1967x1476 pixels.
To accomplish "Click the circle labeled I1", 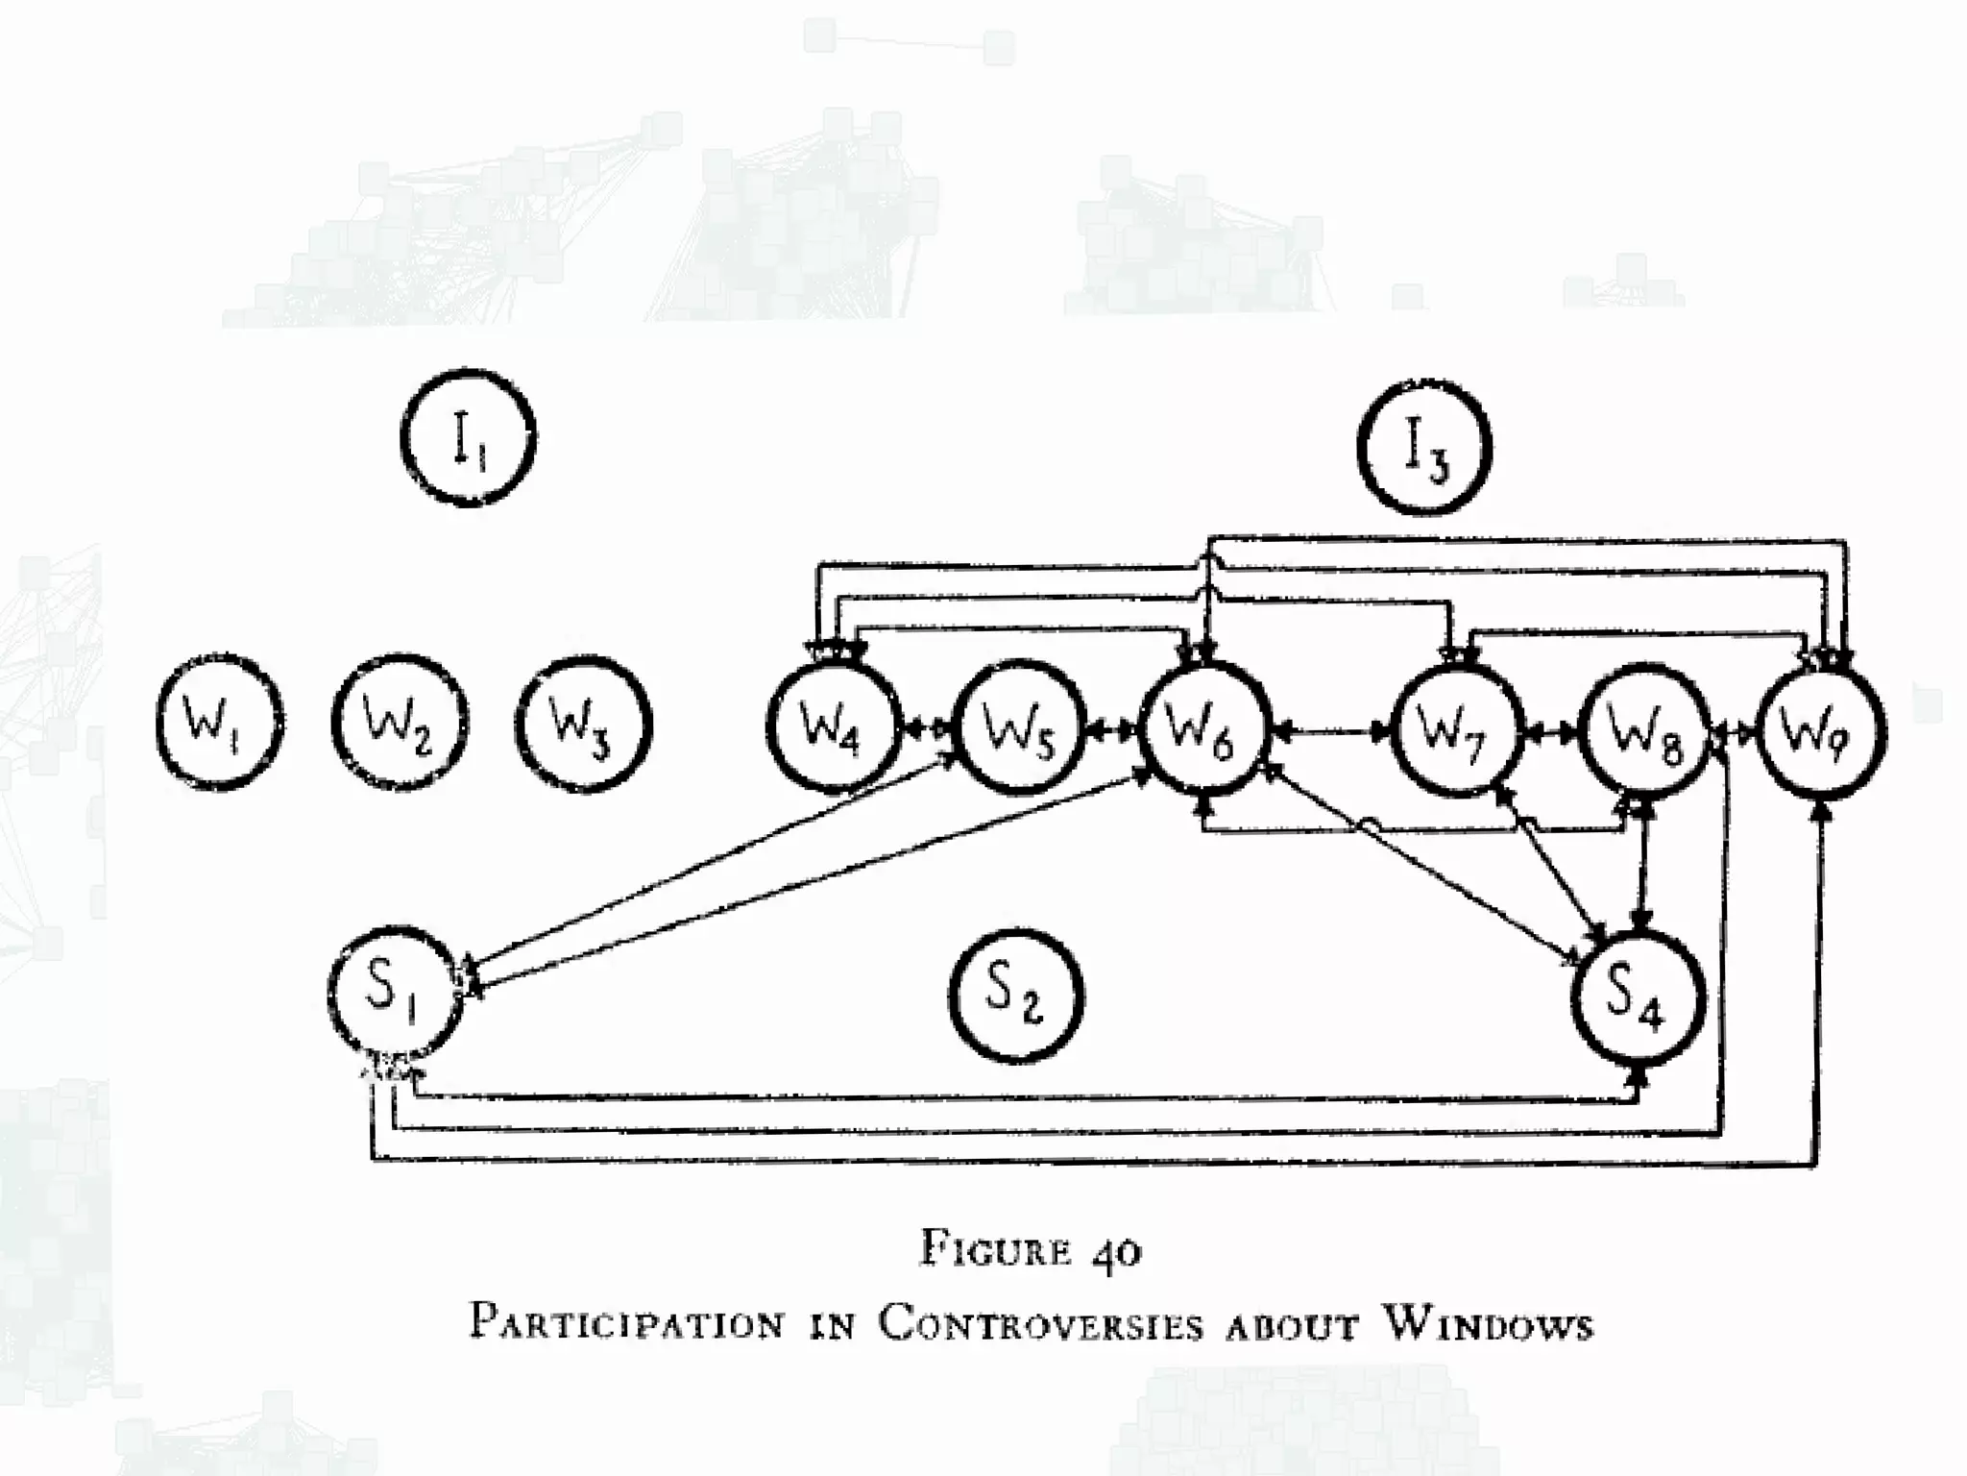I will point(469,438).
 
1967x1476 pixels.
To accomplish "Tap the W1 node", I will point(220,723).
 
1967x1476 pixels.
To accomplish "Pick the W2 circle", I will point(400,723).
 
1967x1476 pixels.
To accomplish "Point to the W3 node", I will point(584,723).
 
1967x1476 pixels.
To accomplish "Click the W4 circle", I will point(834,727).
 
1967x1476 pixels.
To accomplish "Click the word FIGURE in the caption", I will point(996,1250).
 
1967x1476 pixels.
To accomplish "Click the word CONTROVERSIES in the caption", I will point(1040,1324).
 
